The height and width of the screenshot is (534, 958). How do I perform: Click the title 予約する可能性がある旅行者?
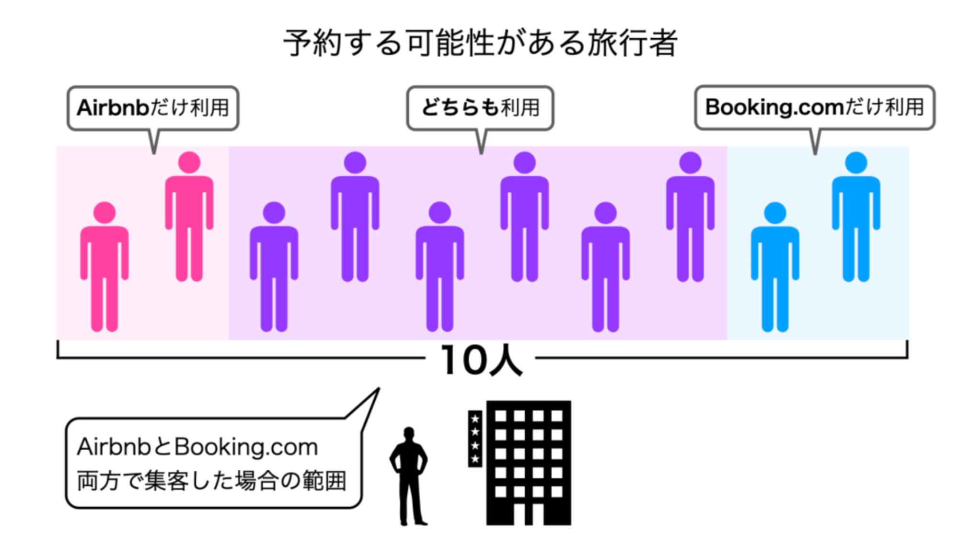[x=480, y=43]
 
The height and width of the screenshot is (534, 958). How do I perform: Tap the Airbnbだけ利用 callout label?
[x=153, y=108]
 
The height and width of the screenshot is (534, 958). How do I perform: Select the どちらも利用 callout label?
[x=481, y=108]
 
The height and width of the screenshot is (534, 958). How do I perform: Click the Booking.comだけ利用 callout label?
[x=815, y=107]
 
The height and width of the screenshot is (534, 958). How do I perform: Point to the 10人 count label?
[x=481, y=360]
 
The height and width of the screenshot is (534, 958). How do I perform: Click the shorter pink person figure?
[x=104, y=267]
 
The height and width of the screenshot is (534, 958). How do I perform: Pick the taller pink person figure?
[x=189, y=216]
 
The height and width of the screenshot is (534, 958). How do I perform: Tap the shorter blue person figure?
[x=775, y=267]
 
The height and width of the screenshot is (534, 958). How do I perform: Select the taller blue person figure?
[x=856, y=216]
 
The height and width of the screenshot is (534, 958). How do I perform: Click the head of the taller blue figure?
[x=856, y=163]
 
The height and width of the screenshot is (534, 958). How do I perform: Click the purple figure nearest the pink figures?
[x=274, y=267]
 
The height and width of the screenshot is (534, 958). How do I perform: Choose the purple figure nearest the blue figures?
[x=690, y=216]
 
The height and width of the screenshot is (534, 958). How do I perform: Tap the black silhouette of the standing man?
[x=409, y=476]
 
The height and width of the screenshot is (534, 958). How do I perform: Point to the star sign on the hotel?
[x=475, y=439]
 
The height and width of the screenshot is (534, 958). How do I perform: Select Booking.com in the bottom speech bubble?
[x=246, y=447]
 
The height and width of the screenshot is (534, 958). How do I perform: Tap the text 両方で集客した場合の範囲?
[x=211, y=480]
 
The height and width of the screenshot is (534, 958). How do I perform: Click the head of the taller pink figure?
[x=189, y=163]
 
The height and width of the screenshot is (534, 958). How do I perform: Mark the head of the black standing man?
[x=409, y=434]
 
